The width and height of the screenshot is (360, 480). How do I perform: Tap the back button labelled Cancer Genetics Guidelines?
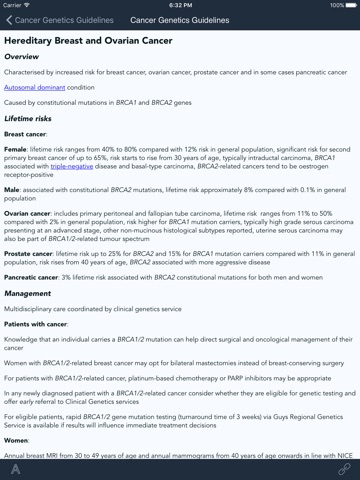(x=56, y=19)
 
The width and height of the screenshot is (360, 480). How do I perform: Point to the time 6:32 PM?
(x=180, y=4)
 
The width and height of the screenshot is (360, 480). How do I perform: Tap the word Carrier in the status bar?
(x=16, y=4)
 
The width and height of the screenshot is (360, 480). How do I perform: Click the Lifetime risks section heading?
(x=36, y=118)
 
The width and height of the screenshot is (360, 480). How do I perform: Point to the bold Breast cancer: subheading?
(x=31, y=133)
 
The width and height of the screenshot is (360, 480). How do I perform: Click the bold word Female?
(x=18, y=148)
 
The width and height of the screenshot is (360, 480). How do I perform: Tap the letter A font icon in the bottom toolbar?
(x=16, y=467)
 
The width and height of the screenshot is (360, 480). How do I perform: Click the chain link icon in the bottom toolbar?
(x=344, y=467)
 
